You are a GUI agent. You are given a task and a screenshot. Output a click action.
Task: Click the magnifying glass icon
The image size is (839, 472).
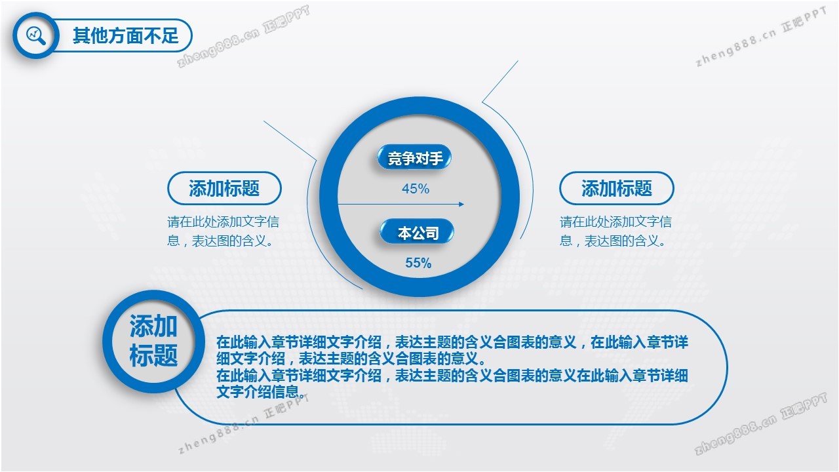[36, 35]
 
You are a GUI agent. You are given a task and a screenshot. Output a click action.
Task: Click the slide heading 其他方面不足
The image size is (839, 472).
[125, 35]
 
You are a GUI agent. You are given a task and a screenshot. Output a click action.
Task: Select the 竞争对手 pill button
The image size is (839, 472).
[414, 158]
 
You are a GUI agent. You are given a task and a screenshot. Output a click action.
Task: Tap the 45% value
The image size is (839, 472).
[416, 188]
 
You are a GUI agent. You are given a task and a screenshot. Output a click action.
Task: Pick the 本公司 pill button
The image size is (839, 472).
[417, 232]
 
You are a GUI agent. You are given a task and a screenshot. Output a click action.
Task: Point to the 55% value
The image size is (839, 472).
[418, 263]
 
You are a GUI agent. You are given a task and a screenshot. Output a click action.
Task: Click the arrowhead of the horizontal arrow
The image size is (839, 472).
[461, 204]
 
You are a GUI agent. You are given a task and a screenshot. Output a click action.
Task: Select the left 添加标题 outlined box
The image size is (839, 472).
[224, 188]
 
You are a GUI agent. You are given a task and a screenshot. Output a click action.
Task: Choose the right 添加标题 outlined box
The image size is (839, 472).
[617, 188]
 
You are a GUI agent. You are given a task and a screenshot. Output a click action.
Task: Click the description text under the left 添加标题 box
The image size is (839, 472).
[224, 231]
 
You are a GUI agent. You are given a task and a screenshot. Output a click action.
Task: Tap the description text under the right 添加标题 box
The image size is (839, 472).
[615, 231]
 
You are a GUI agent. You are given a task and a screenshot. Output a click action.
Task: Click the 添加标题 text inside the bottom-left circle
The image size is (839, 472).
[153, 340]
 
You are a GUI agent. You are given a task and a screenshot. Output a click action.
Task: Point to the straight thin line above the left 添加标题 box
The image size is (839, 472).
[290, 141]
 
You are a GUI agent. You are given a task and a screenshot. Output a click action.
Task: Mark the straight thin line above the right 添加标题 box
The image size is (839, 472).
[500, 81]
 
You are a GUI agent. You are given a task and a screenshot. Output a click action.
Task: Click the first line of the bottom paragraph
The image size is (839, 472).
[452, 342]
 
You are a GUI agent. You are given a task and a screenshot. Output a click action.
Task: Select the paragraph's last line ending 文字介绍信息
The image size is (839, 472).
[261, 392]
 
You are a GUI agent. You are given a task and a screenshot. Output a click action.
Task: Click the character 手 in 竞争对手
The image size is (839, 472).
[437, 158]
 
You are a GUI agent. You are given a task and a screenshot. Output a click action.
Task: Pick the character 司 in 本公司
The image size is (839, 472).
[432, 233]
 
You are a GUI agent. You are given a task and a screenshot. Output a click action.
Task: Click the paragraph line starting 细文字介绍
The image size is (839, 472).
[351, 359]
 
